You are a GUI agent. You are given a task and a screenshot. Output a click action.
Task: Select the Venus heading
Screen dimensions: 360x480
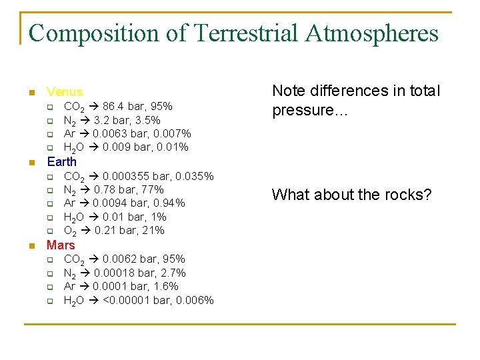[65, 92]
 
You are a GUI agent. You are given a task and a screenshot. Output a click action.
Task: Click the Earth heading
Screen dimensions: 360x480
[61, 161]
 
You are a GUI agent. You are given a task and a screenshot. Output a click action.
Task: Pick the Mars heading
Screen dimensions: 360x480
[61, 245]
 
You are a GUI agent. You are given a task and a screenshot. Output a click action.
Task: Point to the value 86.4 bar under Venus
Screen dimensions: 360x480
[123, 106]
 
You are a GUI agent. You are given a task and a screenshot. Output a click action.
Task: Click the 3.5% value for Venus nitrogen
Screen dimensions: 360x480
[147, 120]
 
